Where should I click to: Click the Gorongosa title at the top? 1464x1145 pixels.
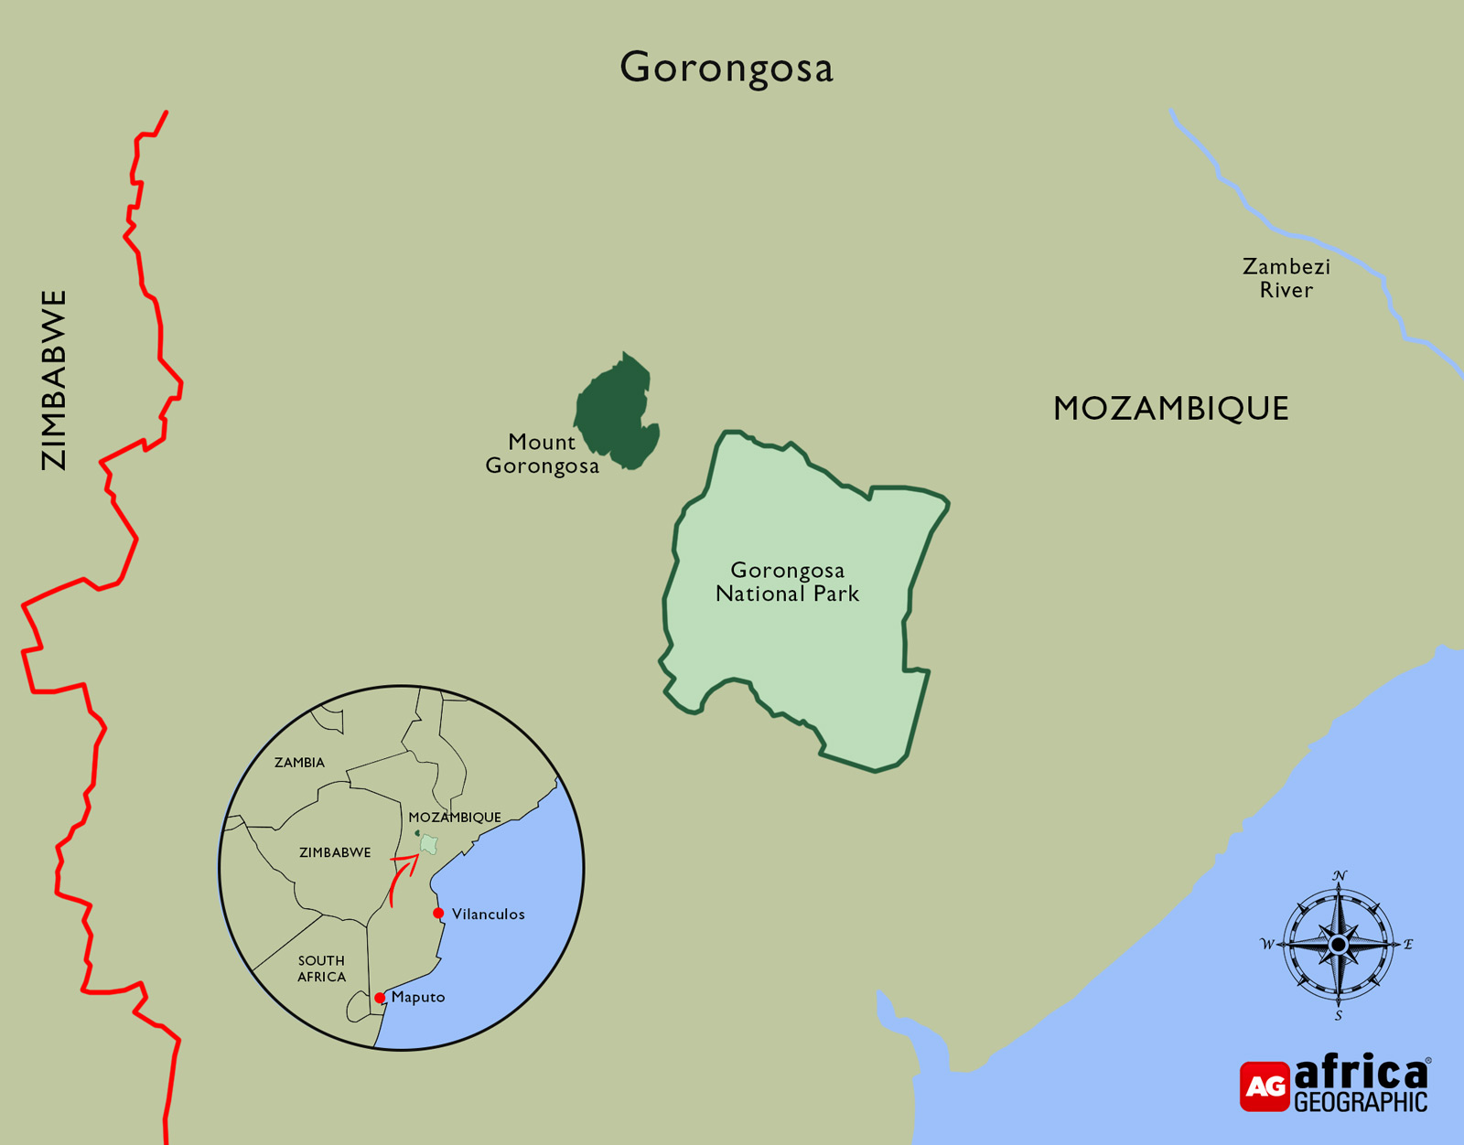[727, 68]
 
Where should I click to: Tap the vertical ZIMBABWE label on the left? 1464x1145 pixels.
[54, 380]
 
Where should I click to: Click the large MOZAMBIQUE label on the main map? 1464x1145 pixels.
[1170, 408]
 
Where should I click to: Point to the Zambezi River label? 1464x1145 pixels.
[1286, 278]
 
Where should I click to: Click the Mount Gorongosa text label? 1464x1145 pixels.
[542, 454]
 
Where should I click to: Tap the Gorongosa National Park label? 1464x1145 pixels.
[787, 582]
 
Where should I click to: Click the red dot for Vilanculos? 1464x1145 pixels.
[438, 913]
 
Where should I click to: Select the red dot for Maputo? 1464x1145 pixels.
[380, 998]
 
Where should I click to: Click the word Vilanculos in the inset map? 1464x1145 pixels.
[488, 914]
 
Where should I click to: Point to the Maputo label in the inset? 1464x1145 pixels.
[418, 997]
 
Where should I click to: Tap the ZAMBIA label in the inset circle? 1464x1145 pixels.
[299, 762]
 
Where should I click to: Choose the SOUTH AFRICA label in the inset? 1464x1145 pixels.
[321, 968]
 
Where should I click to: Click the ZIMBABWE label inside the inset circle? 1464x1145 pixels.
[335, 852]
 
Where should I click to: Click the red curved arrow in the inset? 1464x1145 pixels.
[399, 877]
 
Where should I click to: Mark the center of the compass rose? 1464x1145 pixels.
[1339, 944]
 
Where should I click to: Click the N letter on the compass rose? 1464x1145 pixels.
[1340, 876]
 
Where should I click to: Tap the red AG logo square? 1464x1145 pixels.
[1265, 1086]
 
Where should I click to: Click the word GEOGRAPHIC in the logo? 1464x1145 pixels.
[1360, 1102]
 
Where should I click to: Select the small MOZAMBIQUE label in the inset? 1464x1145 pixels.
[455, 817]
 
